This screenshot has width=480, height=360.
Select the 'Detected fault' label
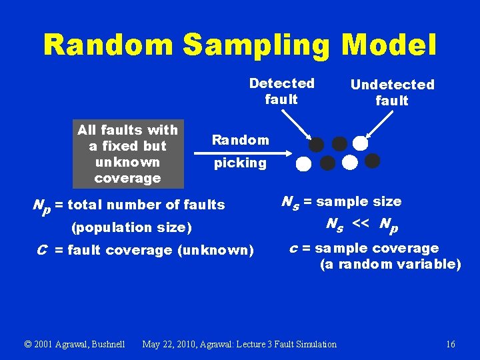click(281, 91)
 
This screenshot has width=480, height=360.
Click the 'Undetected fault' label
click(392, 93)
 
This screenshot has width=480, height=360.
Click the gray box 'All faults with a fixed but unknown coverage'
click(128, 154)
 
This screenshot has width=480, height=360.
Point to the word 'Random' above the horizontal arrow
click(240, 140)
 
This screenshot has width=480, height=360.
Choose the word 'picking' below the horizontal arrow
click(240, 163)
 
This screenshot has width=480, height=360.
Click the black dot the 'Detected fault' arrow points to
click(317, 145)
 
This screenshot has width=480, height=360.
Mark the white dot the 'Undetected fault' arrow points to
click(360, 143)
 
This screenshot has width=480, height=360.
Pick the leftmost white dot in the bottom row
click(304, 163)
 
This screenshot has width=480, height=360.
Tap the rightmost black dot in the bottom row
click(372, 161)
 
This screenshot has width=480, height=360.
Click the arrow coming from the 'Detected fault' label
click(295, 125)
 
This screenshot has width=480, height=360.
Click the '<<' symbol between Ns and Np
click(360, 224)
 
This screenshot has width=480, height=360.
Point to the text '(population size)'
click(131, 227)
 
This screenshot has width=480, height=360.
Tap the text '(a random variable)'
click(390, 264)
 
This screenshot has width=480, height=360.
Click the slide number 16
click(451, 344)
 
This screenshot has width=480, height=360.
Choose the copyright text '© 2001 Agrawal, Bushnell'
click(75, 344)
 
